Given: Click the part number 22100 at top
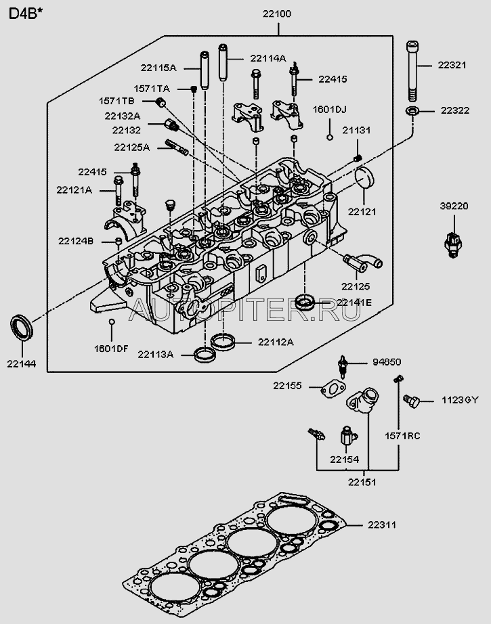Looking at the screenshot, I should coord(278,13).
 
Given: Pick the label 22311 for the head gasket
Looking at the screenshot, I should coord(382,525).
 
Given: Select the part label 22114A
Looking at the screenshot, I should coord(268,58).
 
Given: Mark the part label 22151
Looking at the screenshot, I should coord(362,482).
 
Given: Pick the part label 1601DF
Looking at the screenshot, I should coord(111,348).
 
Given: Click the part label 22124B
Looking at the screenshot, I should coord(75,240).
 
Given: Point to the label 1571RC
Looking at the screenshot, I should coord(403,436).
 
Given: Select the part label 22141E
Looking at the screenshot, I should coord(354,302).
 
